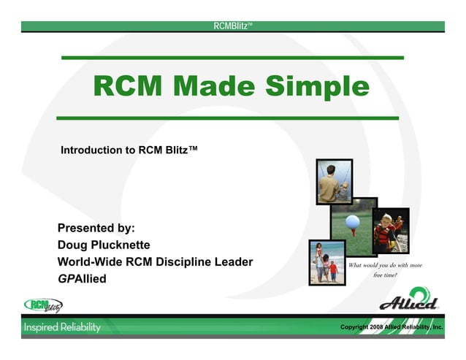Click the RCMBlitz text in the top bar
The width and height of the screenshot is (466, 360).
(x=232, y=26)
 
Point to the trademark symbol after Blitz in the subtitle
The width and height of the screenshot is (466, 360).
(x=194, y=149)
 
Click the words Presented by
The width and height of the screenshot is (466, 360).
(x=96, y=228)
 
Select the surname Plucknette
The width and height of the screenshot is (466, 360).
(x=124, y=245)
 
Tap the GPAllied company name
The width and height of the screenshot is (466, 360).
(x=82, y=278)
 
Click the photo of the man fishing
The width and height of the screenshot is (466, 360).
(x=335, y=182)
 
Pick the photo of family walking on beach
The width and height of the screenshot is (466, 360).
(x=326, y=262)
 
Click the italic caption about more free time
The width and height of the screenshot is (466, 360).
(x=385, y=270)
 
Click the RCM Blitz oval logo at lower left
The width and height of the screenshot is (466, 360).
(x=43, y=305)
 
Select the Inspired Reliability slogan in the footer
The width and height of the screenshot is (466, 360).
(x=62, y=327)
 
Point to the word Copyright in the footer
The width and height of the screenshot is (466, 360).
(x=356, y=327)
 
